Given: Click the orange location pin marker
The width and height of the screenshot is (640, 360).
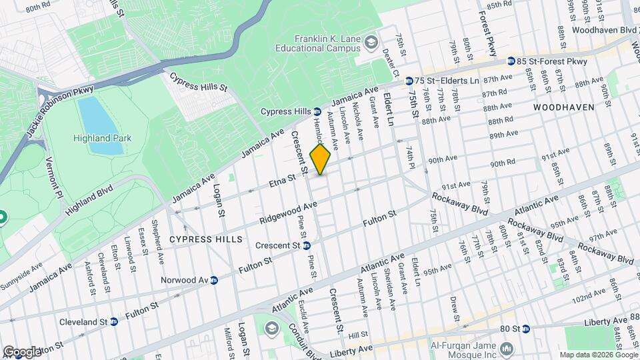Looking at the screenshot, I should (x=320, y=159).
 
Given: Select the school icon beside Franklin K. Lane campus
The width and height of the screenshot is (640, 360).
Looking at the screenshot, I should (x=369, y=45).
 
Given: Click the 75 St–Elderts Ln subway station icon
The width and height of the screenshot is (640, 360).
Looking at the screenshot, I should (x=408, y=80).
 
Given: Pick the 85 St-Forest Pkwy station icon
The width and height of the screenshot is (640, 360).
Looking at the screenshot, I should (x=511, y=61).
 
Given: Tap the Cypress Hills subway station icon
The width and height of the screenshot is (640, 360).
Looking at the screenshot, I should (x=317, y=111).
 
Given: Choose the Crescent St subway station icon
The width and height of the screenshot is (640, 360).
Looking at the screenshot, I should (x=306, y=245).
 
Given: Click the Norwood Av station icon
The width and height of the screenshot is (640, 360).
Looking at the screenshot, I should (x=214, y=280).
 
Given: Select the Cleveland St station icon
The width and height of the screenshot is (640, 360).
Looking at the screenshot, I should (x=114, y=321).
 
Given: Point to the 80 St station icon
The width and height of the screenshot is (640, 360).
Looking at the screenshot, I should (x=525, y=329).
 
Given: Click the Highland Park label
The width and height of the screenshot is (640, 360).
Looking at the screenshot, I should (x=103, y=138).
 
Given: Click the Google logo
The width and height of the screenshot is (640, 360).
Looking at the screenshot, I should (x=22, y=351).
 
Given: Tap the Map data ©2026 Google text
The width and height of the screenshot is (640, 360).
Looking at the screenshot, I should (x=597, y=355).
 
